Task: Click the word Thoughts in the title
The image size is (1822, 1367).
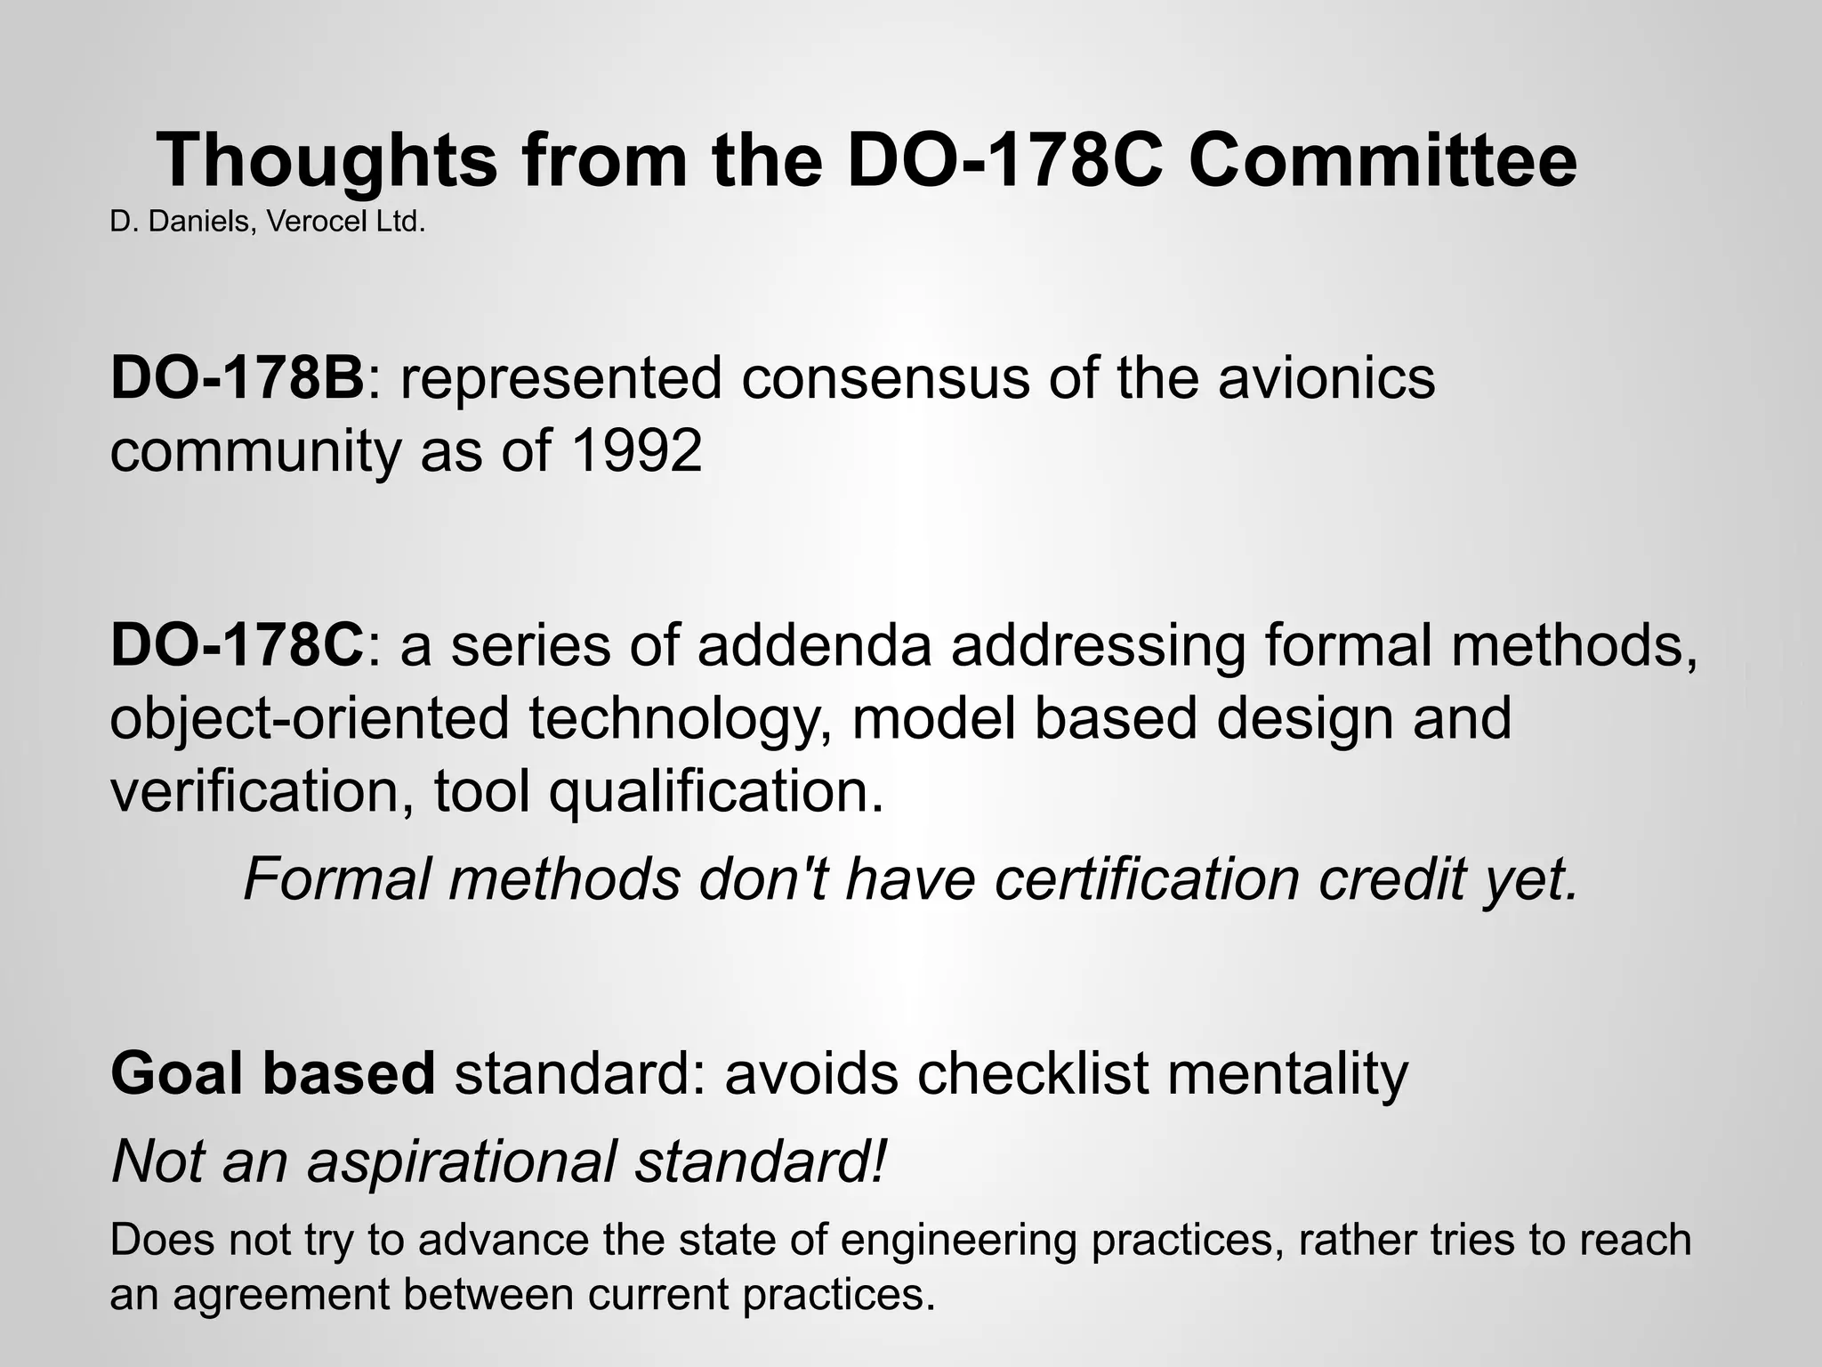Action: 327,161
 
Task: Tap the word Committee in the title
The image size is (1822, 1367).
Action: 1382,161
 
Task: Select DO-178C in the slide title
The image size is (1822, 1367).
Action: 1004,161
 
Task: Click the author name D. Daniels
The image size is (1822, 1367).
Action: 180,222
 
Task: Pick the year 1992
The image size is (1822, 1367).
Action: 636,450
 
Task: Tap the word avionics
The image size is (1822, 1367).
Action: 1326,377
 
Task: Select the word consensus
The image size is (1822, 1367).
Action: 884,377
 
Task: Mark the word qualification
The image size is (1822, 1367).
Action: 716,790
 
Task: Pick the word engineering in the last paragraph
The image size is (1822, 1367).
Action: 958,1241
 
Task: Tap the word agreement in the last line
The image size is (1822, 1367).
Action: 281,1294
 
